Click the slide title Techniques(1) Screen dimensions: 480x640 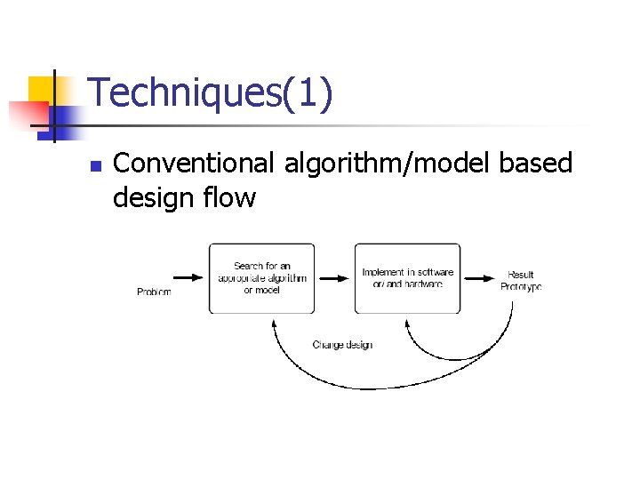[211, 93]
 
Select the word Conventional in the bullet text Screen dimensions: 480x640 [195, 163]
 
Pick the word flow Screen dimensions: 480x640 [232, 197]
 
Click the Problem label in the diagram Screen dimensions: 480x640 [154, 292]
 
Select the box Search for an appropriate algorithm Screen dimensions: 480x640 [261, 278]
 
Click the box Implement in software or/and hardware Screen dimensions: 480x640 [407, 278]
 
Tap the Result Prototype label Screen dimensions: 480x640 [520, 281]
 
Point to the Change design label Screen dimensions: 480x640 [342, 345]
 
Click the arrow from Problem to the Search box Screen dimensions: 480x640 [188, 278]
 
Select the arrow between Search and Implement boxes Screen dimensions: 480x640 [334, 278]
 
